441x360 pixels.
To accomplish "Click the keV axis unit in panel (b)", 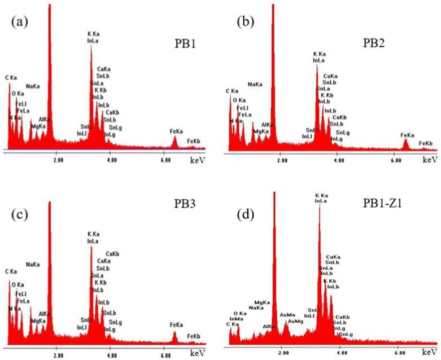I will pos(430,160).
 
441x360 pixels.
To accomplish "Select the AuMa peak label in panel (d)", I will pos(287,315).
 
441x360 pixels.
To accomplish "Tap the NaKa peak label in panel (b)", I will pos(255,85).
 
